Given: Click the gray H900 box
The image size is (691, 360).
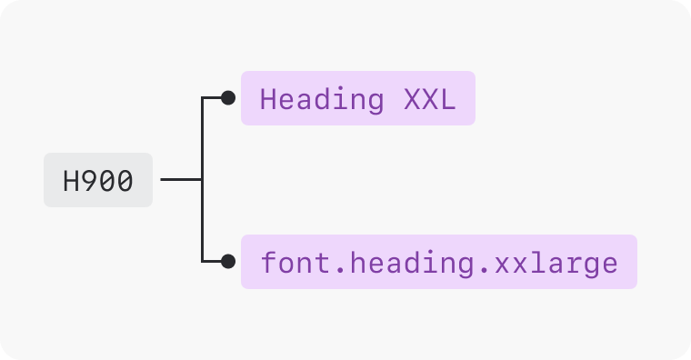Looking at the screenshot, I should pos(98,180).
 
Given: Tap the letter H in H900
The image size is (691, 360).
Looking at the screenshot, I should pos(72,181).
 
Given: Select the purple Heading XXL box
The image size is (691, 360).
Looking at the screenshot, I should pos(357,98).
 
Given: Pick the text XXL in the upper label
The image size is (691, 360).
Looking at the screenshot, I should pos(428,99).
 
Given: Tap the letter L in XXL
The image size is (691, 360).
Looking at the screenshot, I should pos(446,99).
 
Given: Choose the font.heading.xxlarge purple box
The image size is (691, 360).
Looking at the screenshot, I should pos(438,262).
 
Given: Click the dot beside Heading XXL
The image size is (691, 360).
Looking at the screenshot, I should pos(228,98).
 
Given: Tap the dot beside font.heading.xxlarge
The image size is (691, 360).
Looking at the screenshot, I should pos(228,262).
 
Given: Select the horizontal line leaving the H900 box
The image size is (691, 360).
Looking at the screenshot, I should pos(180,180).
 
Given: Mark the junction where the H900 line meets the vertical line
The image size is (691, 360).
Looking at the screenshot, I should pos(202,180).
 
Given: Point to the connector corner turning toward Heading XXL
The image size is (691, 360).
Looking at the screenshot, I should pos(202,98).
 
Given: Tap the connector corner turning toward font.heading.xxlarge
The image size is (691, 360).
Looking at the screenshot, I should pos(202,262).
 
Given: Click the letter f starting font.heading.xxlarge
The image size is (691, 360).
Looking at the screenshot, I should pos(269,263).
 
